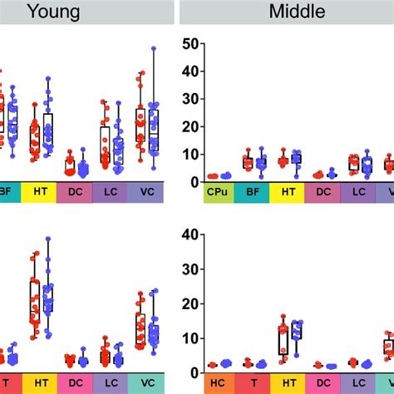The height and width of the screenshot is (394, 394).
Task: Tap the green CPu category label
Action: [219, 193]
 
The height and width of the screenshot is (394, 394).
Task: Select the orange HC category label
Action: [219, 383]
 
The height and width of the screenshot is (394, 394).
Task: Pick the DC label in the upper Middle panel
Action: [320, 193]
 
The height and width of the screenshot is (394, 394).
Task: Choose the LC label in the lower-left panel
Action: [110, 383]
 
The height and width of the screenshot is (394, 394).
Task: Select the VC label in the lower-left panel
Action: [145, 383]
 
